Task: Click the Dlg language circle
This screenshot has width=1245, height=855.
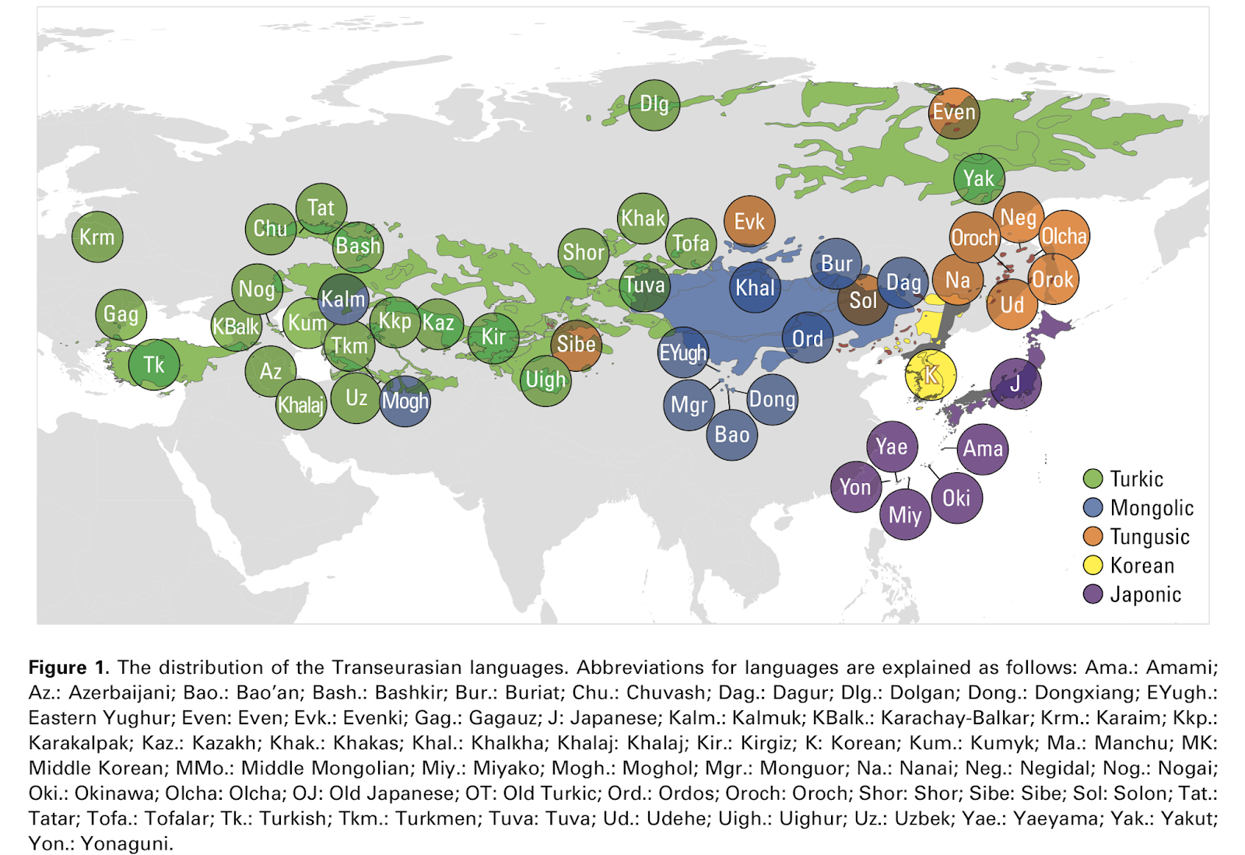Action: click(x=654, y=104)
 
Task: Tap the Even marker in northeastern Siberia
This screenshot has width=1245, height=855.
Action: click(x=954, y=113)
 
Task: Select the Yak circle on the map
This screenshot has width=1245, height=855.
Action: click(x=979, y=178)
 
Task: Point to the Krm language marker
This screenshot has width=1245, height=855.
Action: click(x=97, y=237)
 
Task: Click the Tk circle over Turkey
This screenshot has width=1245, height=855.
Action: click(x=154, y=364)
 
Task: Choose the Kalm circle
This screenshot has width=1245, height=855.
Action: click(x=343, y=299)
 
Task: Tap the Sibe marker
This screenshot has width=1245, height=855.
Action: click(x=576, y=345)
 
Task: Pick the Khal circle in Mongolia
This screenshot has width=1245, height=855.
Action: click(x=755, y=288)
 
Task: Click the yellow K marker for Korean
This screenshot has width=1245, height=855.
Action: click(x=931, y=375)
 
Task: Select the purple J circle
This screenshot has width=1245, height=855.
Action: click(x=1015, y=384)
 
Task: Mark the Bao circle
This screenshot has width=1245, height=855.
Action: click(x=732, y=434)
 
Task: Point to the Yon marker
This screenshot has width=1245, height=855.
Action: click(x=855, y=487)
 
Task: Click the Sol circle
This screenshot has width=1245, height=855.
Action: click(x=863, y=300)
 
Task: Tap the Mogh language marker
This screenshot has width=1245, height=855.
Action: click(x=405, y=401)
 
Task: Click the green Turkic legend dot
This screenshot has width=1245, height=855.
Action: click(x=1093, y=478)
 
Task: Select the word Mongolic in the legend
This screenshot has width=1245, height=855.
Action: click(x=1152, y=508)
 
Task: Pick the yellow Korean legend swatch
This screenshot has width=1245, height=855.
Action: click(x=1093, y=566)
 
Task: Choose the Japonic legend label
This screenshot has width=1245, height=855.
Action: click(x=1145, y=594)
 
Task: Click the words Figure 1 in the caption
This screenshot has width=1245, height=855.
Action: click(x=68, y=668)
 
